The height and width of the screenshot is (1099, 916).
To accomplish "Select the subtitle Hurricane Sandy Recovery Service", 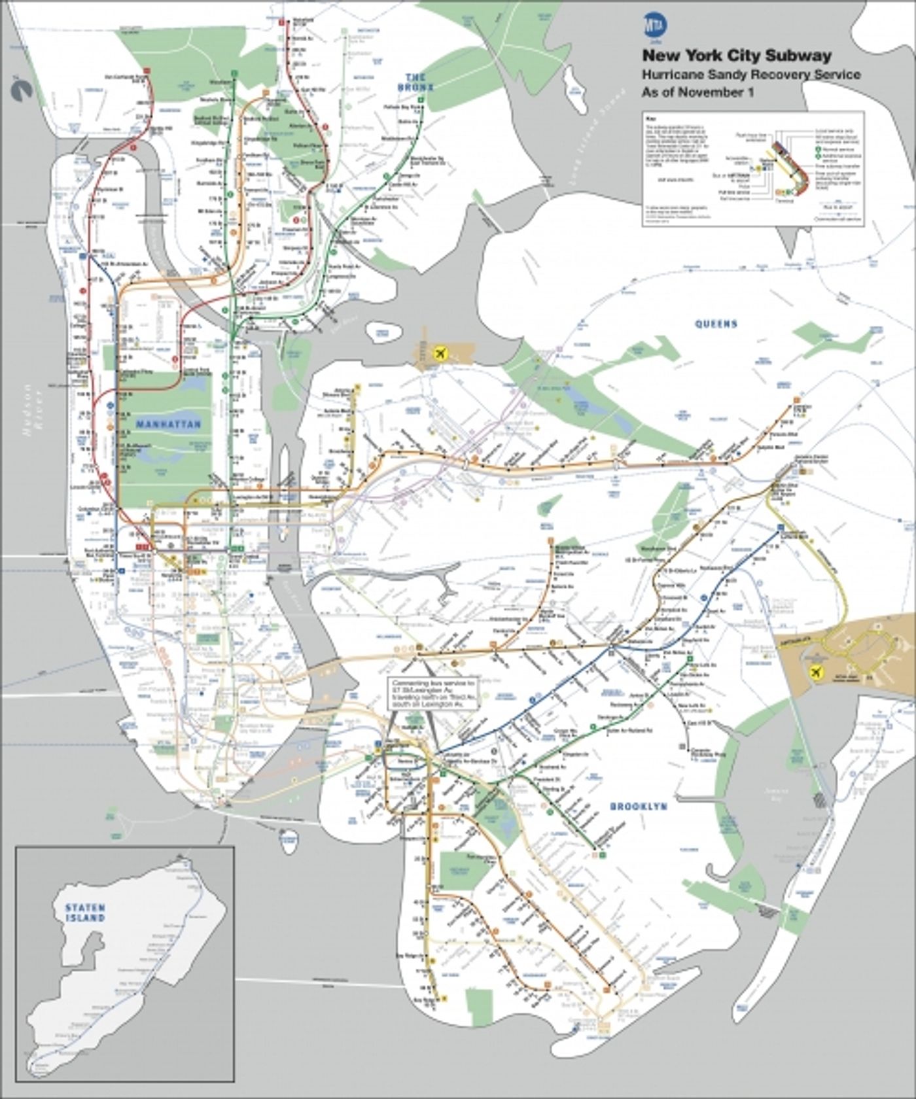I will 750,75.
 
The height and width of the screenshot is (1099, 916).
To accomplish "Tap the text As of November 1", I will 697,92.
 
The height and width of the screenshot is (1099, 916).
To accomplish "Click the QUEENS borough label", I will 716,324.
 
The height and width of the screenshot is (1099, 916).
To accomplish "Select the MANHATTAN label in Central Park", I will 168,425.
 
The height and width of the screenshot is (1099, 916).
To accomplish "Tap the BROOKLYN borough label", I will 638,807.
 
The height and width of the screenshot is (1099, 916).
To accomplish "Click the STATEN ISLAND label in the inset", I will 84,913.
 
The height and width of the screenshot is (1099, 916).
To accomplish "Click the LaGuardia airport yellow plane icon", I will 440,354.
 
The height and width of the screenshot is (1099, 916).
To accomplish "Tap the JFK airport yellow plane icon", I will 815,672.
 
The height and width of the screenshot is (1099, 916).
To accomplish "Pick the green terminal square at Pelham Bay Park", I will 423,99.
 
